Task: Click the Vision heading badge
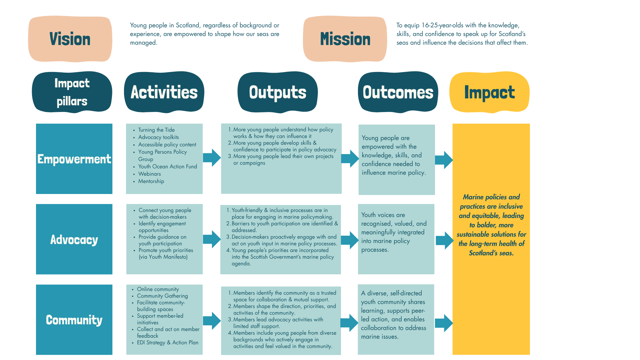(x=70, y=39)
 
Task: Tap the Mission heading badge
(x=345, y=39)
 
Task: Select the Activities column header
(x=164, y=92)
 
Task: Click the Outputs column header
(x=277, y=92)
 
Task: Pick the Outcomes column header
(x=398, y=92)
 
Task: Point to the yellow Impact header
(x=489, y=92)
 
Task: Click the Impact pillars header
(x=72, y=92)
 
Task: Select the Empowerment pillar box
(x=74, y=159)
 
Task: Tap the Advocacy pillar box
(x=74, y=239)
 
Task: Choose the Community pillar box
(x=74, y=320)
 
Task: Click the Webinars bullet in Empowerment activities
(x=149, y=174)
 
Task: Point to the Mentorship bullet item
(x=151, y=181)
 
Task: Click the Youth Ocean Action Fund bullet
(x=167, y=167)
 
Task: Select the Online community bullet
(x=158, y=289)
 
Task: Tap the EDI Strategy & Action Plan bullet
(x=167, y=343)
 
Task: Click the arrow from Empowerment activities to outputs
(x=212, y=158)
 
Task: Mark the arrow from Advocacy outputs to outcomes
(x=349, y=240)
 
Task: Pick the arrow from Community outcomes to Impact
(x=444, y=323)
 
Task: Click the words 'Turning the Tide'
(x=156, y=130)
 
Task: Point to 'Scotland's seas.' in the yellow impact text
(x=491, y=253)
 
